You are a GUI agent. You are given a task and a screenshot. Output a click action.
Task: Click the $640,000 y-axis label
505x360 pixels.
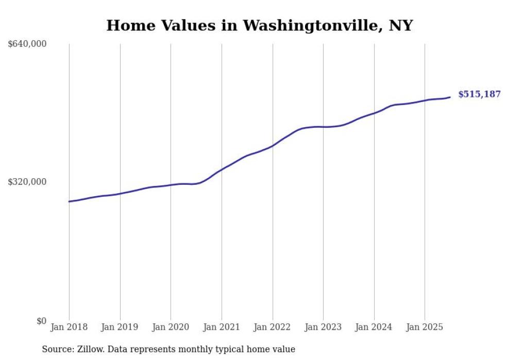[27, 44]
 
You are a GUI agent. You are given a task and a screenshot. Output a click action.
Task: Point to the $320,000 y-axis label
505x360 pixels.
[27, 182]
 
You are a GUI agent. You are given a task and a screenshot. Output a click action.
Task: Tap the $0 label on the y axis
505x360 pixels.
[41, 321]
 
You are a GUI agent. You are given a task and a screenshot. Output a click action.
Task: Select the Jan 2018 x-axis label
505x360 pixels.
[69, 327]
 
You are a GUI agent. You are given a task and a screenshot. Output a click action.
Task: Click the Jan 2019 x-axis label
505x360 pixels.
[120, 327]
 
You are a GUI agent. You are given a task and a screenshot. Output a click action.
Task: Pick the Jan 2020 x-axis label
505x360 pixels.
[171, 327]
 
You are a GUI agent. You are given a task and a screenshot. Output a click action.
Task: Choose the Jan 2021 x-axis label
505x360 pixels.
[222, 327]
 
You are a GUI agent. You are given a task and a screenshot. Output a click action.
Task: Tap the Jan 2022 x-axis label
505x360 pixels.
[272, 327]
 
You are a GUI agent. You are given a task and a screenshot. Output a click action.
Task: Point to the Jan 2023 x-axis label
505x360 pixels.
[323, 327]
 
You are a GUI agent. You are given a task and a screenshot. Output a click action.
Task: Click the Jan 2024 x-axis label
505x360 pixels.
[374, 327]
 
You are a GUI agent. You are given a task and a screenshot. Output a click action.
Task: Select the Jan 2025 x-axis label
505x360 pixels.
[425, 327]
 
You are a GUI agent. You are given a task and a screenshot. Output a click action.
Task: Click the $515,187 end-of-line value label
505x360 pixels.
[479, 94]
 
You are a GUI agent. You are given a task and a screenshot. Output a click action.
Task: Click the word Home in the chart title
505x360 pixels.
[129, 25]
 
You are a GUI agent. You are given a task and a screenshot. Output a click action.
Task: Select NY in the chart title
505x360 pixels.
[401, 25]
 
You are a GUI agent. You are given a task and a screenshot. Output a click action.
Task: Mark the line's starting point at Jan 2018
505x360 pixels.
[69, 201]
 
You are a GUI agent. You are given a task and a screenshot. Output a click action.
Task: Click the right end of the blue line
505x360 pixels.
[450, 97]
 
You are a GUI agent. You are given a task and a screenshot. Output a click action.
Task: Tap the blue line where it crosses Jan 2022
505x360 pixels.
[273, 146]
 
